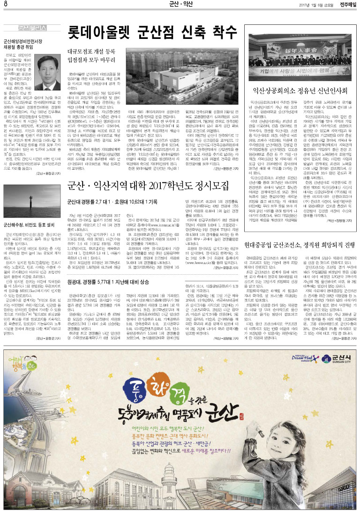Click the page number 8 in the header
pos(5,5)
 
